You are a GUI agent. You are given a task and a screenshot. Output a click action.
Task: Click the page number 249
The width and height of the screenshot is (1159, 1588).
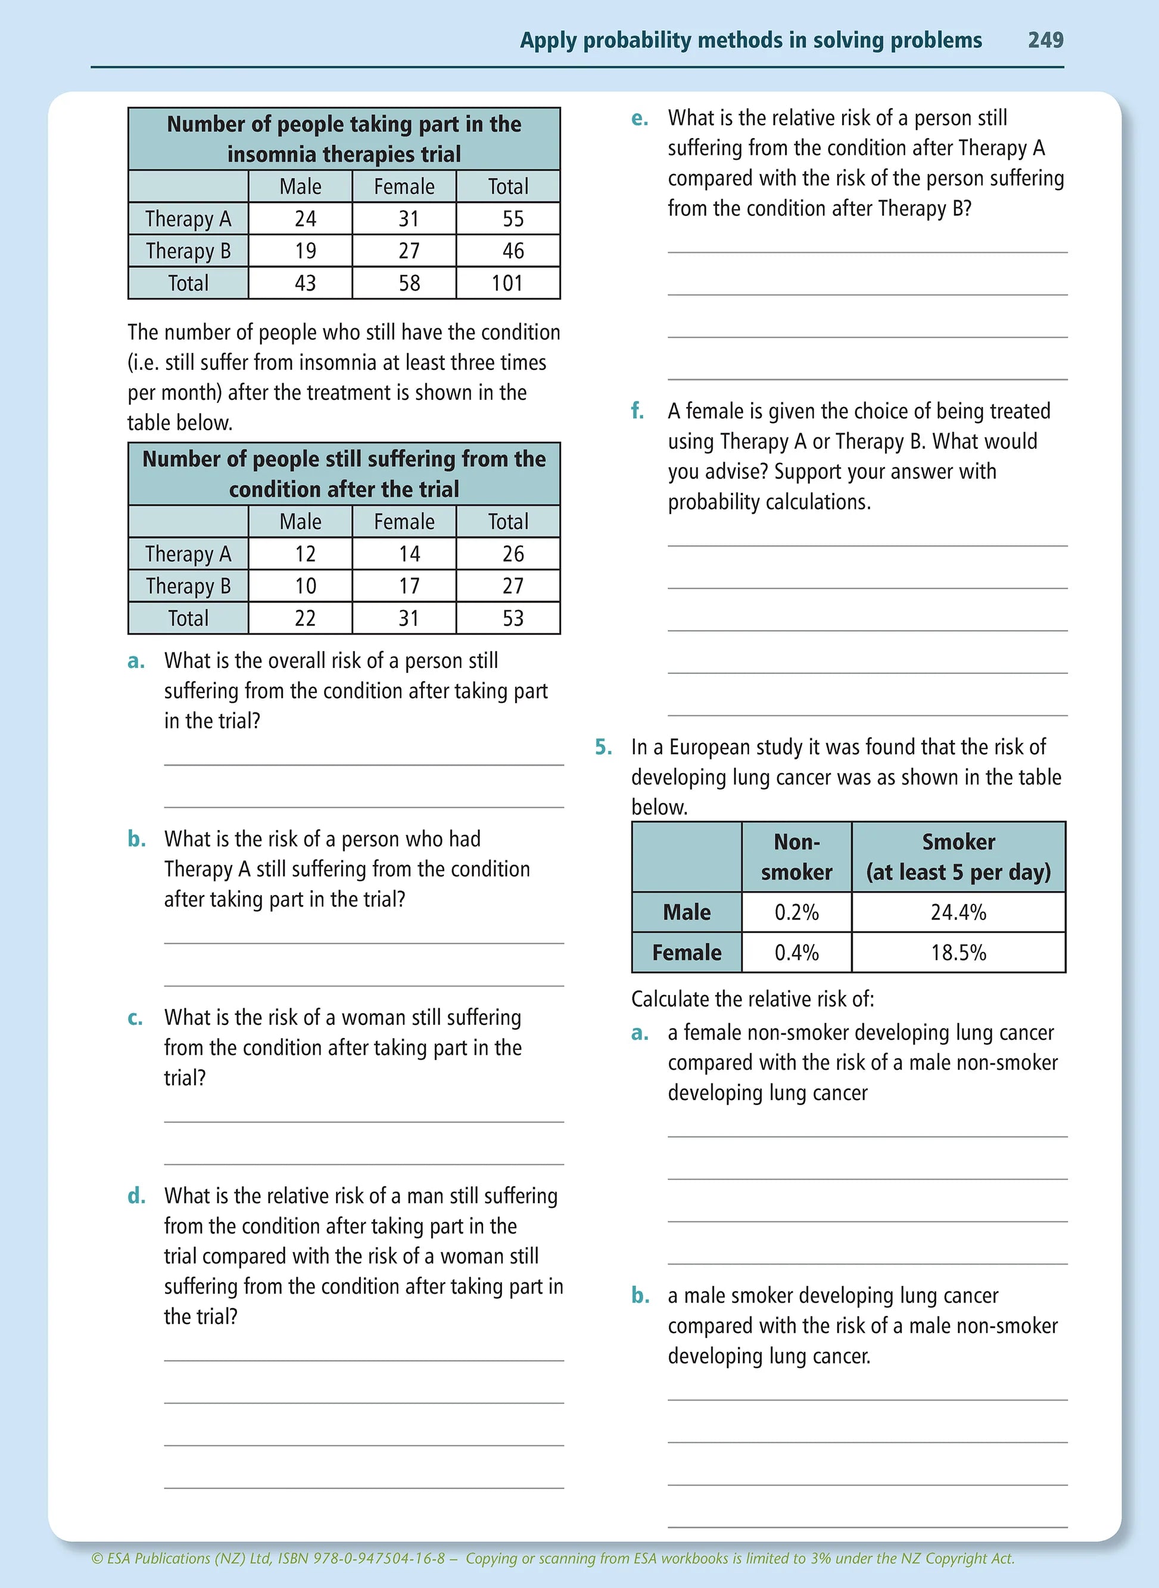tap(1045, 40)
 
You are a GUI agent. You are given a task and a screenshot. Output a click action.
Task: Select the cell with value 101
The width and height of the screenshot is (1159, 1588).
tap(507, 284)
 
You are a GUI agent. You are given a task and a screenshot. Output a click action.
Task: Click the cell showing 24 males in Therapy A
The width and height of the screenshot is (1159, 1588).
tap(305, 219)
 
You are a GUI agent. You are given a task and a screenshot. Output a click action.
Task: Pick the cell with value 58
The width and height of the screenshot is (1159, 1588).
tap(409, 284)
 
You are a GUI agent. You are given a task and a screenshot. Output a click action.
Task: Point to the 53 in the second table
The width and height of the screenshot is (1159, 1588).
tap(513, 619)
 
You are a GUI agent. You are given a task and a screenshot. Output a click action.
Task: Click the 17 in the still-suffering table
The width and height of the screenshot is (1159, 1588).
tap(409, 586)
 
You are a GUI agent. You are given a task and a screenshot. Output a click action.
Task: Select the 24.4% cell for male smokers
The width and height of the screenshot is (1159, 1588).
tap(958, 912)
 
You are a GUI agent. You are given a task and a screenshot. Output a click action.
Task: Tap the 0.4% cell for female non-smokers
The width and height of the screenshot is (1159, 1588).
tap(796, 953)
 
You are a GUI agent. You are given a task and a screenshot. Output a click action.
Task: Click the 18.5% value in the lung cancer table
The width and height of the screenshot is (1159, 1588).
tap(958, 953)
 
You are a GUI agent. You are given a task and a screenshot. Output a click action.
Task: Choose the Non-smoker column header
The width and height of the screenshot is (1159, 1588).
tap(796, 857)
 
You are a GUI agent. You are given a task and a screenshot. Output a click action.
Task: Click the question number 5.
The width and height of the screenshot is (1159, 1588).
tap(603, 747)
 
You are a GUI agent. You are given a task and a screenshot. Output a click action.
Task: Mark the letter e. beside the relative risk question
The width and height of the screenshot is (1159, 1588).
tap(639, 119)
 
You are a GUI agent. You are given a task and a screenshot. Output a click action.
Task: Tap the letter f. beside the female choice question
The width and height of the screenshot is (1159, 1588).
tap(637, 411)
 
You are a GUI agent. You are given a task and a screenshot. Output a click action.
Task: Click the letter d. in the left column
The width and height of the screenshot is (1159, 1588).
tap(136, 1196)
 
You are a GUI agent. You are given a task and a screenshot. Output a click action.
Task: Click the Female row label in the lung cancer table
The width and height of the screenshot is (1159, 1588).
tap(686, 953)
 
